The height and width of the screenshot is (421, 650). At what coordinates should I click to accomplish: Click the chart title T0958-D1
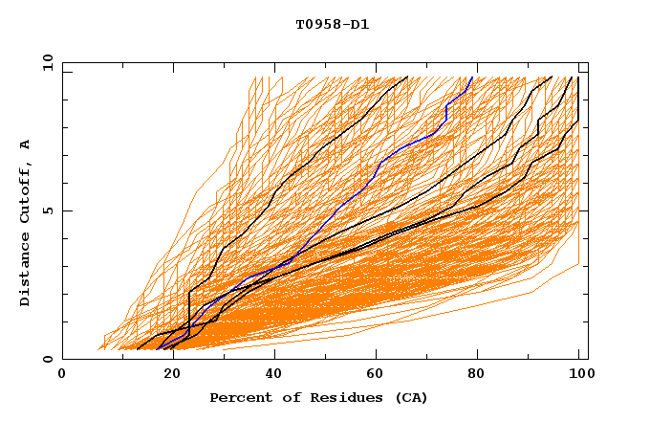[332, 24]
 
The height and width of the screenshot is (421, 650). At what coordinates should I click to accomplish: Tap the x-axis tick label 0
[62, 374]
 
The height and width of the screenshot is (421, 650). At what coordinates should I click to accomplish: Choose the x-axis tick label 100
[578, 374]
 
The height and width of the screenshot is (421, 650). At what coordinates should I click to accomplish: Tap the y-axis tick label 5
[51, 210]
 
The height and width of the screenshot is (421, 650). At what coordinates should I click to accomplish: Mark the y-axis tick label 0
[51, 359]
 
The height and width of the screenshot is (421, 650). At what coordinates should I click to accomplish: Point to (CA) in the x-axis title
[412, 397]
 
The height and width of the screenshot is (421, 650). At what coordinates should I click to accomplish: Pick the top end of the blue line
[472, 77]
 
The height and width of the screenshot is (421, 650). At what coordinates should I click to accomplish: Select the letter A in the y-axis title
[26, 144]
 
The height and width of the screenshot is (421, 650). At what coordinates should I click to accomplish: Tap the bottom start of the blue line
[157, 349]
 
